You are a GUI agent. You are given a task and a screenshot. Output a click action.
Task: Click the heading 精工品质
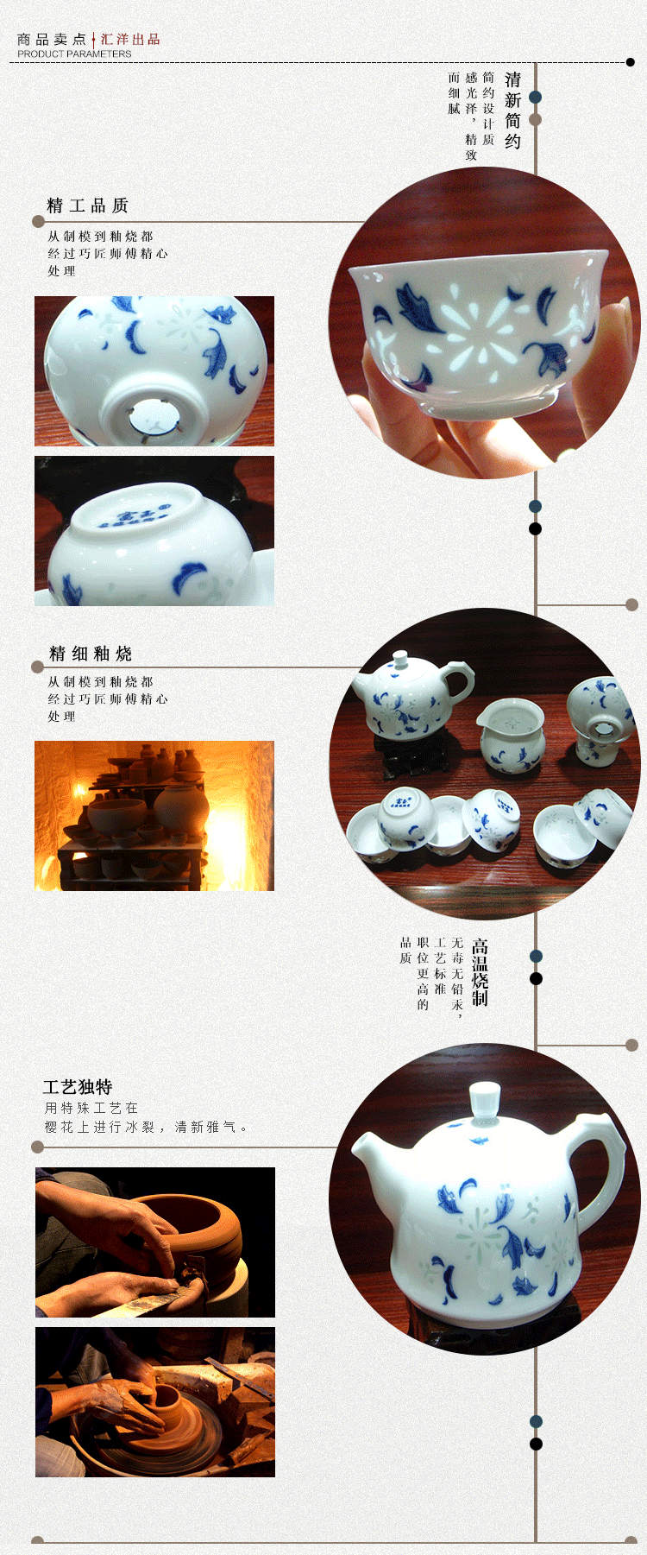pyautogui.click(x=87, y=205)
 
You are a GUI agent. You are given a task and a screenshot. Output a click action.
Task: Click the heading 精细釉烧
pyautogui.click(x=91, y=654)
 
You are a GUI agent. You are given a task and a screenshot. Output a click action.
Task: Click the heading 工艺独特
pyautogui.click(x=78, y=1087)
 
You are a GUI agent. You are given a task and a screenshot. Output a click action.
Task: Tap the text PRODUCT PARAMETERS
pyautogui.click(x=74, y=54)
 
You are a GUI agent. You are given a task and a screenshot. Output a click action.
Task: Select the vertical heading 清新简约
pyautogui.click(x=513, y=110)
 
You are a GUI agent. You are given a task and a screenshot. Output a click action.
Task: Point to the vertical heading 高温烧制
pyautogui.click(x=480, y=972)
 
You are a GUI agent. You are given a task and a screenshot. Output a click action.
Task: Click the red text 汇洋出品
pyautogui.click(x=130, y=39)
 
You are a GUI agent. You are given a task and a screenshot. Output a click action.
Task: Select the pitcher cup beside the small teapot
pyautogui.click(x=511, y=733)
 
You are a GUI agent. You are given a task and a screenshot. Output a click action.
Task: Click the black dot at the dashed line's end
pyautogui.click(x=631, y=62)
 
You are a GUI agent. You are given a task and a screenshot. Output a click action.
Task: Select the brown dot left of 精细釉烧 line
pyautogui.click(x=37, y=667)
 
